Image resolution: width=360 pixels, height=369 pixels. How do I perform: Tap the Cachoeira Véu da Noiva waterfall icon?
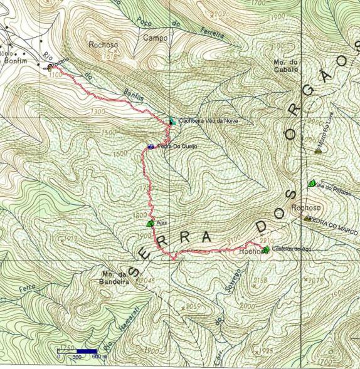(x=172, y=120)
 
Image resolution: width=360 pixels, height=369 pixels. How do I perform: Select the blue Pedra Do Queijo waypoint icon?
(x=151, y=147)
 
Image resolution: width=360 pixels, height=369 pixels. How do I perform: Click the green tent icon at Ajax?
(x=150, y=223)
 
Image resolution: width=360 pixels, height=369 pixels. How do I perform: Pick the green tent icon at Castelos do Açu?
(x=265, y=250)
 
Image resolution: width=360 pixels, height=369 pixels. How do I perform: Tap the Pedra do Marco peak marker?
(x=307, y=219)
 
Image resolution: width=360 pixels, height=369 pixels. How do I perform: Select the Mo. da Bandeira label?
(x=114, y=278)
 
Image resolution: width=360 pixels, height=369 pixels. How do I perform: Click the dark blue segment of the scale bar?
(x=87, y=351)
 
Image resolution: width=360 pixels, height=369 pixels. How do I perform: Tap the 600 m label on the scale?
(x=97, y=357)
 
